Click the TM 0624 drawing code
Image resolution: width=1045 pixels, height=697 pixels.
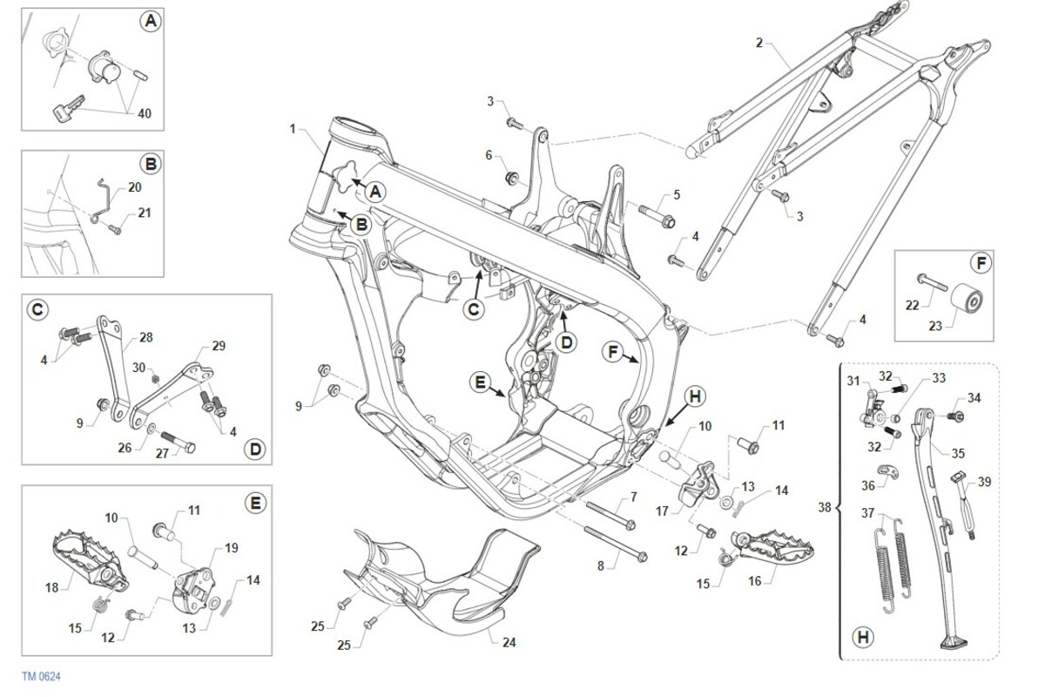click(41, 676)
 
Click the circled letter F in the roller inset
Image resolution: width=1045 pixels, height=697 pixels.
click(980, 262)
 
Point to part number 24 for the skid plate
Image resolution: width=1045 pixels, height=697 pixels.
click(509, 643)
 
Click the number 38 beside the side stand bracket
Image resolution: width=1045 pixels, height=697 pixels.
click(825, 506)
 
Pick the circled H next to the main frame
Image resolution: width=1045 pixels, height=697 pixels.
click(694, 395)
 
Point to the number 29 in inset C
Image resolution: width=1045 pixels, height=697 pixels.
click(218, 346)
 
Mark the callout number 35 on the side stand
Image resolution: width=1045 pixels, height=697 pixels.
click(959, 453)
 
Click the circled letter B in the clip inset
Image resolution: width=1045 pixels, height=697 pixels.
click(150, 163)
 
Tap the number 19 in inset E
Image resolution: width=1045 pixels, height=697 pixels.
click(232, 548)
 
